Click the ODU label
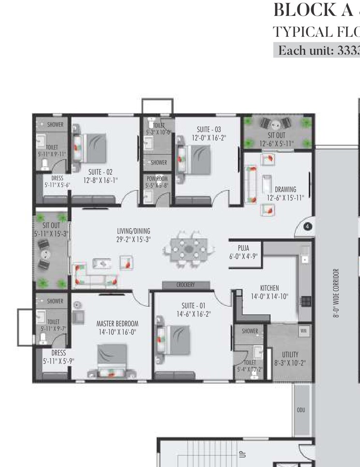click(x=301, y=410)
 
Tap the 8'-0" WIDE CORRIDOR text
click(x=336, y=293)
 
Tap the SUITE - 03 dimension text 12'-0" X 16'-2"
click(x=208, y=138)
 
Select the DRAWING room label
click(x=286, y=189)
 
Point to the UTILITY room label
click(x=290, y=354)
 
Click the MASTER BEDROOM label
click(x=117, y=324)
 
